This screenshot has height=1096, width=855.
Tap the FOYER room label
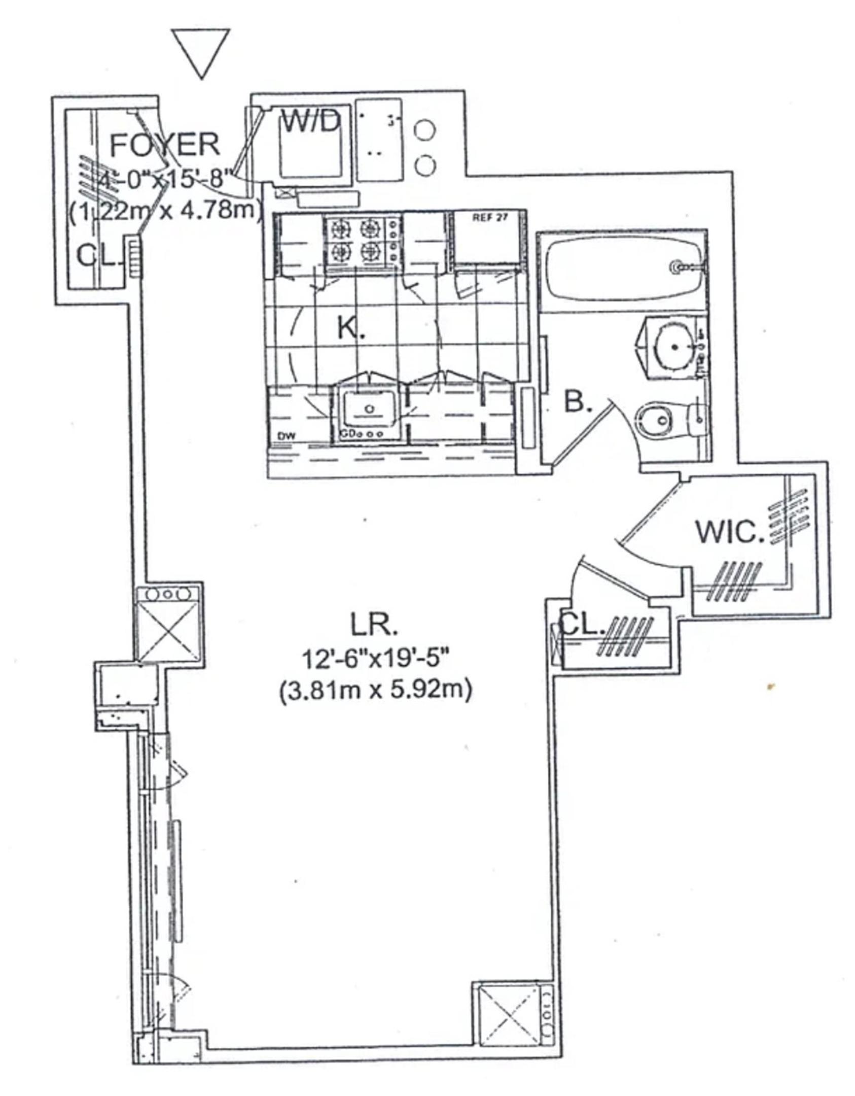pos(165,145)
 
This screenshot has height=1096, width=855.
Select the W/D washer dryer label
pos(310,122)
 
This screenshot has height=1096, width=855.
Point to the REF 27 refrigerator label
pos(489,218)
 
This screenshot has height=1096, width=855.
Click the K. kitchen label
pos(351,330)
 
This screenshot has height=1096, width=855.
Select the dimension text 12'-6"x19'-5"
pos(376,660)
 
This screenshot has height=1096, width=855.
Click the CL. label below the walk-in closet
pos(583,628)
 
